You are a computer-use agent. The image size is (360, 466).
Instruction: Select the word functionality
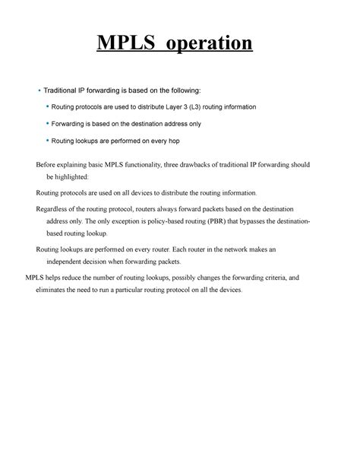(141, 164)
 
